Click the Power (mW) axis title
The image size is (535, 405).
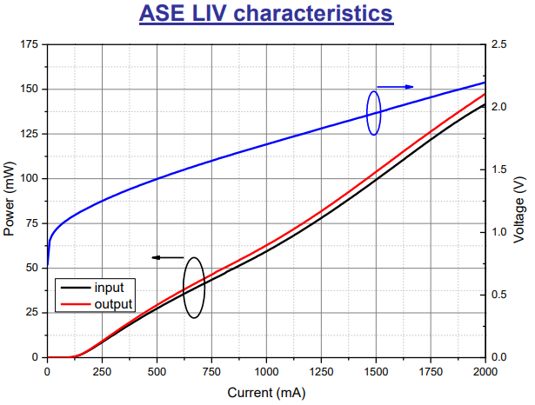(10, 201)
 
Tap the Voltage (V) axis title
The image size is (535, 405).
(518, 201)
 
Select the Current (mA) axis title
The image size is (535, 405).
(264, 392)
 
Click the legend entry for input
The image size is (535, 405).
(109, 287)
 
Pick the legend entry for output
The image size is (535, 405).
(112, 303)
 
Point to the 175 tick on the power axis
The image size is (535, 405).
(30, 44)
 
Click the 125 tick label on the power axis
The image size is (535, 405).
(30, 134)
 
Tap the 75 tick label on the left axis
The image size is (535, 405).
(32, 223)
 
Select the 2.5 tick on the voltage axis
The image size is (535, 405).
(500, 44)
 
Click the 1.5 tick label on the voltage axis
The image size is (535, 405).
(500, 169)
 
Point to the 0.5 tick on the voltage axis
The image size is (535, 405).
(500, 295)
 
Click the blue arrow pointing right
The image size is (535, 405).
(396, 86)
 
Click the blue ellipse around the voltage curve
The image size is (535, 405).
(373, 113)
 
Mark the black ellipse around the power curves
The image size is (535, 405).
(195, 288)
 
